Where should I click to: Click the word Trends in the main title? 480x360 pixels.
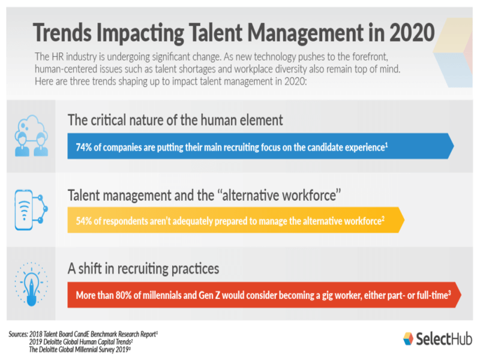(x=62, y=32)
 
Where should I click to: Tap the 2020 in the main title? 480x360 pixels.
(x=412, y=32)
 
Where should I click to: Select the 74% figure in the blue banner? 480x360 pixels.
(x=83, y=147)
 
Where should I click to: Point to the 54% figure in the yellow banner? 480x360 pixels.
(x=83, y=221)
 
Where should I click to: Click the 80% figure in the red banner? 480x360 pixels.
(x=124, y=295)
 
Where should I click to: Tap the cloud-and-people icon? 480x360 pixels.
(x=31, y=136)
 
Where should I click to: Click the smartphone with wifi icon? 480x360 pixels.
(x=31, y=210)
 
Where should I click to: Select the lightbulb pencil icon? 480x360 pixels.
(x=31, y=284)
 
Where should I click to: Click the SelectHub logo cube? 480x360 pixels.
(x=408, y=338)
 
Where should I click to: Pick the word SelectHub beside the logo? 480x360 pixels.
(x=444, y=339)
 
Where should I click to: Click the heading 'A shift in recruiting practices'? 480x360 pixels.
(x=143, y=268)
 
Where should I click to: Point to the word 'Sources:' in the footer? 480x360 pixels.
(x=18, y=334)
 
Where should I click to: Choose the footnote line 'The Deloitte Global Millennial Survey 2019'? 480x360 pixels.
(x=80, y=350)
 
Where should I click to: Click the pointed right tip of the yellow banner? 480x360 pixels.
(x=404, y=220)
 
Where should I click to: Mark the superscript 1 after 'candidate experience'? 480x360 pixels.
(x=386, y=145)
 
